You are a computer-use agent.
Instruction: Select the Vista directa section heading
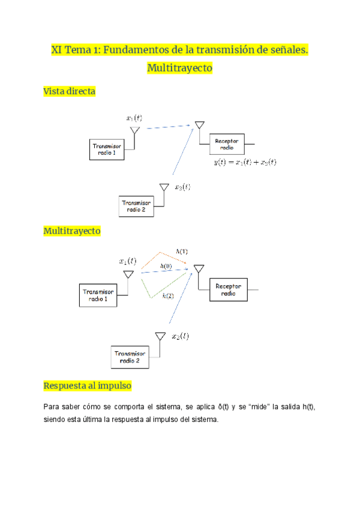[70, 91]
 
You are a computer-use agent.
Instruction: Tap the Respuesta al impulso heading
[88, 385]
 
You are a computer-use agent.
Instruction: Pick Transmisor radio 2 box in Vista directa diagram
[137, 206]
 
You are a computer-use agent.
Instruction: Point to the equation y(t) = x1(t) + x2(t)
[245, 162]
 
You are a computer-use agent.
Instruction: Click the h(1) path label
[181, 251]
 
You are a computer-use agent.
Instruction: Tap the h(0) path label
[166, 265]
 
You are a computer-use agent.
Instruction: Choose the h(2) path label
[168, 295]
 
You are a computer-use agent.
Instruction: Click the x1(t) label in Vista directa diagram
[134, 118]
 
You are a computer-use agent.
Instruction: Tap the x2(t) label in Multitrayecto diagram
[180, 336]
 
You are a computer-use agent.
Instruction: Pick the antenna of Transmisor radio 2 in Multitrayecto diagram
[160, 337]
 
